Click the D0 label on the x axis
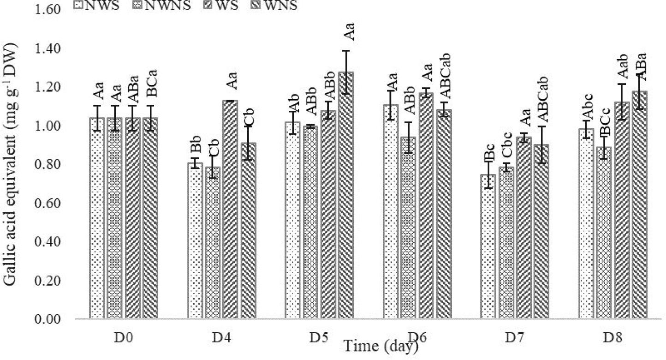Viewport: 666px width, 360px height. [124, 338]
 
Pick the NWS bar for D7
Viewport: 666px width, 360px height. [488, 246]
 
